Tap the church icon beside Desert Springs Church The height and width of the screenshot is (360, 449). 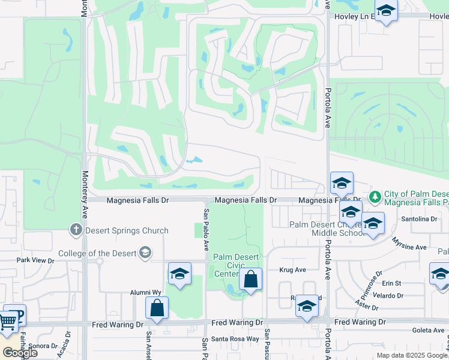click(76, 229)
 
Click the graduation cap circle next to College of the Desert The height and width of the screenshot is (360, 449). click(145, 252)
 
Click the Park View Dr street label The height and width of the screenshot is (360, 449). click(35, 260)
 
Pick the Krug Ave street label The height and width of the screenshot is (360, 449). click(294, 270)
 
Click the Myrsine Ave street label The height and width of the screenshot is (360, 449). click(409, 247)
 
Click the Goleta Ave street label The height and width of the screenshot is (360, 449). click(428, 331)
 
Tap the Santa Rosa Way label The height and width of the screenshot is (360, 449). click(239, 339)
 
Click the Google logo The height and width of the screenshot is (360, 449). click(20, 352)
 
